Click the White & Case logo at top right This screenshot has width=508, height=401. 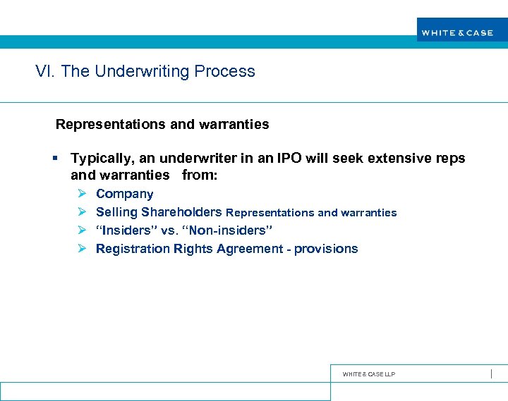pos(457,32)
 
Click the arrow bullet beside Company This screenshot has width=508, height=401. pos(81,194)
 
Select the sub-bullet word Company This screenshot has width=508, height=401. pos(124,194)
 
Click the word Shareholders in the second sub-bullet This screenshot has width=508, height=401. pos(181,212)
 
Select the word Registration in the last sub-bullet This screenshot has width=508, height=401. pos(133,249)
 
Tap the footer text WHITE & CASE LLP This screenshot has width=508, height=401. pos(368,374)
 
